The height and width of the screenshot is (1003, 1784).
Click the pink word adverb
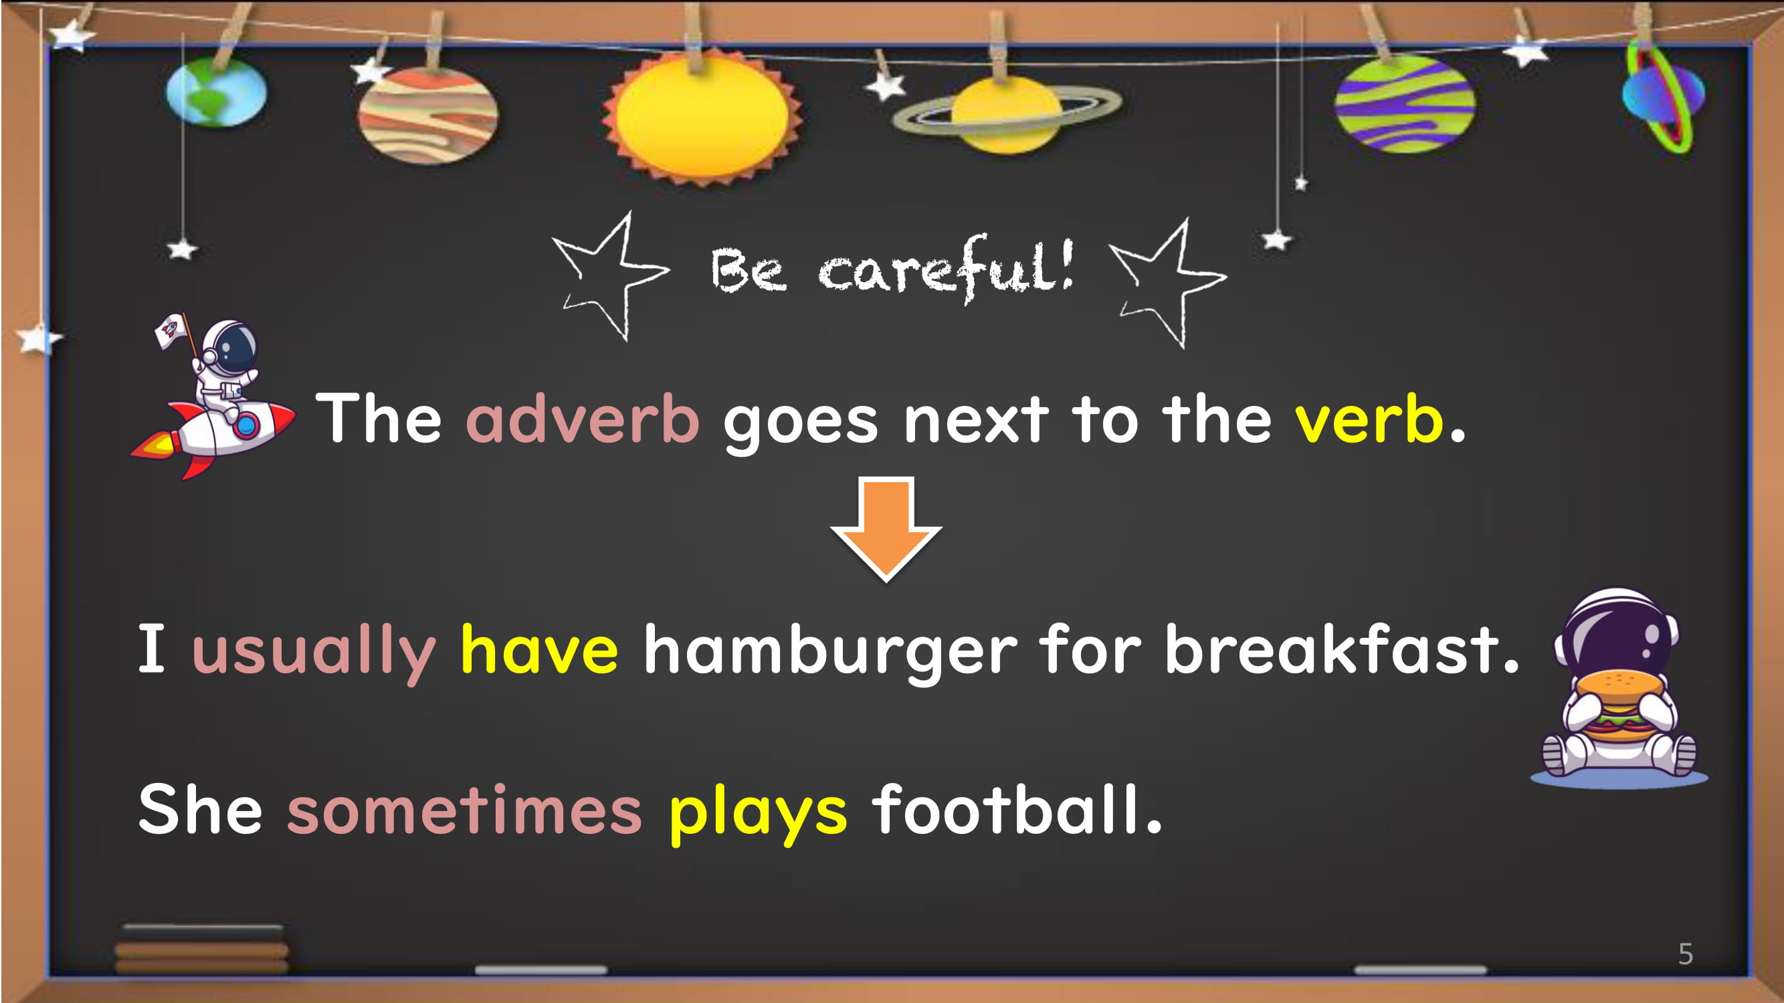coord(583,418)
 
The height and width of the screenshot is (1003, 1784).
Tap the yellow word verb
coord(1369,418)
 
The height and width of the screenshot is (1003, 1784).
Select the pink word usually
coord(314,651)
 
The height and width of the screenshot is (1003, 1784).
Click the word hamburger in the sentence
coord(830,651)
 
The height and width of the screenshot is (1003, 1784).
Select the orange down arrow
coord(886,529)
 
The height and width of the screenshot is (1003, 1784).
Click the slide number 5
coord(1686,954)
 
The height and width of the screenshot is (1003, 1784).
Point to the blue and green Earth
coord(216,92)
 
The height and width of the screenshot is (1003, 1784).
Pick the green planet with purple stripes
coord(1405,104)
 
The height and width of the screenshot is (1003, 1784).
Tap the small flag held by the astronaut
coord(170,331)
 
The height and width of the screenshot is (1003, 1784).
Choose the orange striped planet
coord(427,115)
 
